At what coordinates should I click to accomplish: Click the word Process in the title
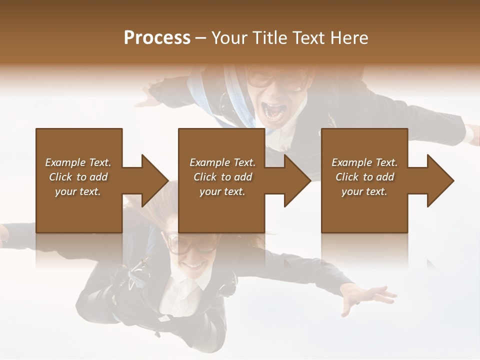[x=157, y=38]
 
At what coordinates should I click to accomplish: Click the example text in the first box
[x=78, y=176]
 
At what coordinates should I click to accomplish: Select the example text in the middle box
[x=222, y=176]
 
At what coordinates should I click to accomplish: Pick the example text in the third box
[x=364, y=176]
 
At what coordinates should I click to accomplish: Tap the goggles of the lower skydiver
[x=192, y=243]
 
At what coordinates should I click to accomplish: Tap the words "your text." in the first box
[x=78, y=191]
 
